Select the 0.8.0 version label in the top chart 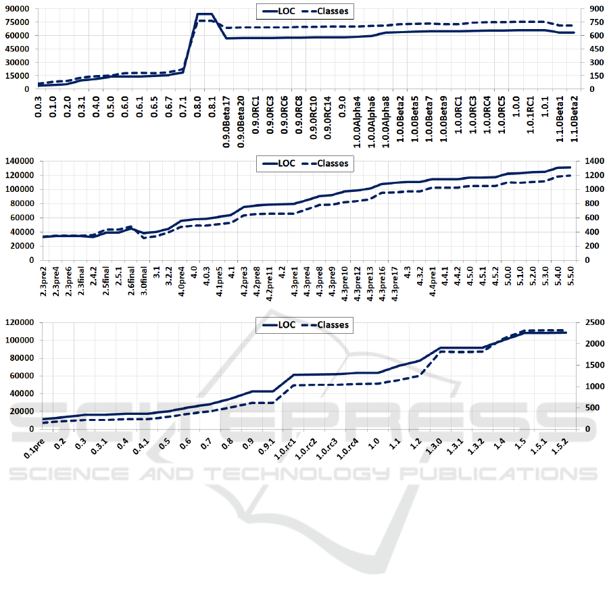click(200, 107)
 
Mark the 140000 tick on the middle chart click(20, 161)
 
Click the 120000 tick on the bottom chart click(20, 322)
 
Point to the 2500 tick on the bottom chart click(589, 322)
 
